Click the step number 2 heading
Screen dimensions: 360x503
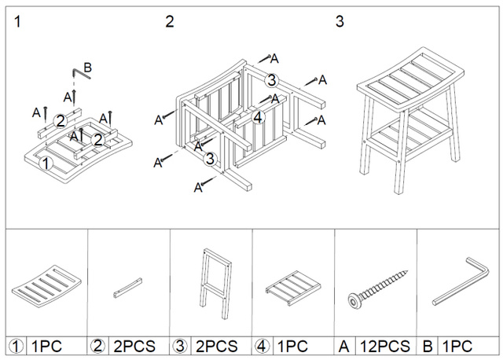pos(168,21)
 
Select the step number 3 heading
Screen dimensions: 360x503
pos(340,21)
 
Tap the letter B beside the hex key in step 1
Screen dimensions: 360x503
pos(87,68)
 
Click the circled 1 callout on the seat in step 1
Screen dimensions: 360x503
pos(46,164)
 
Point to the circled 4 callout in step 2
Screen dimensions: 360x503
pos(258,117)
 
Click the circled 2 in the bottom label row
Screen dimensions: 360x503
pos(98,346)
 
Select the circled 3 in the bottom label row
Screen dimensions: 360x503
pos(181,346)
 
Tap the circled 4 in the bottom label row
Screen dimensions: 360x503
pos(263,346)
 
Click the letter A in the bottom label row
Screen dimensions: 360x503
pos(344,346)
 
